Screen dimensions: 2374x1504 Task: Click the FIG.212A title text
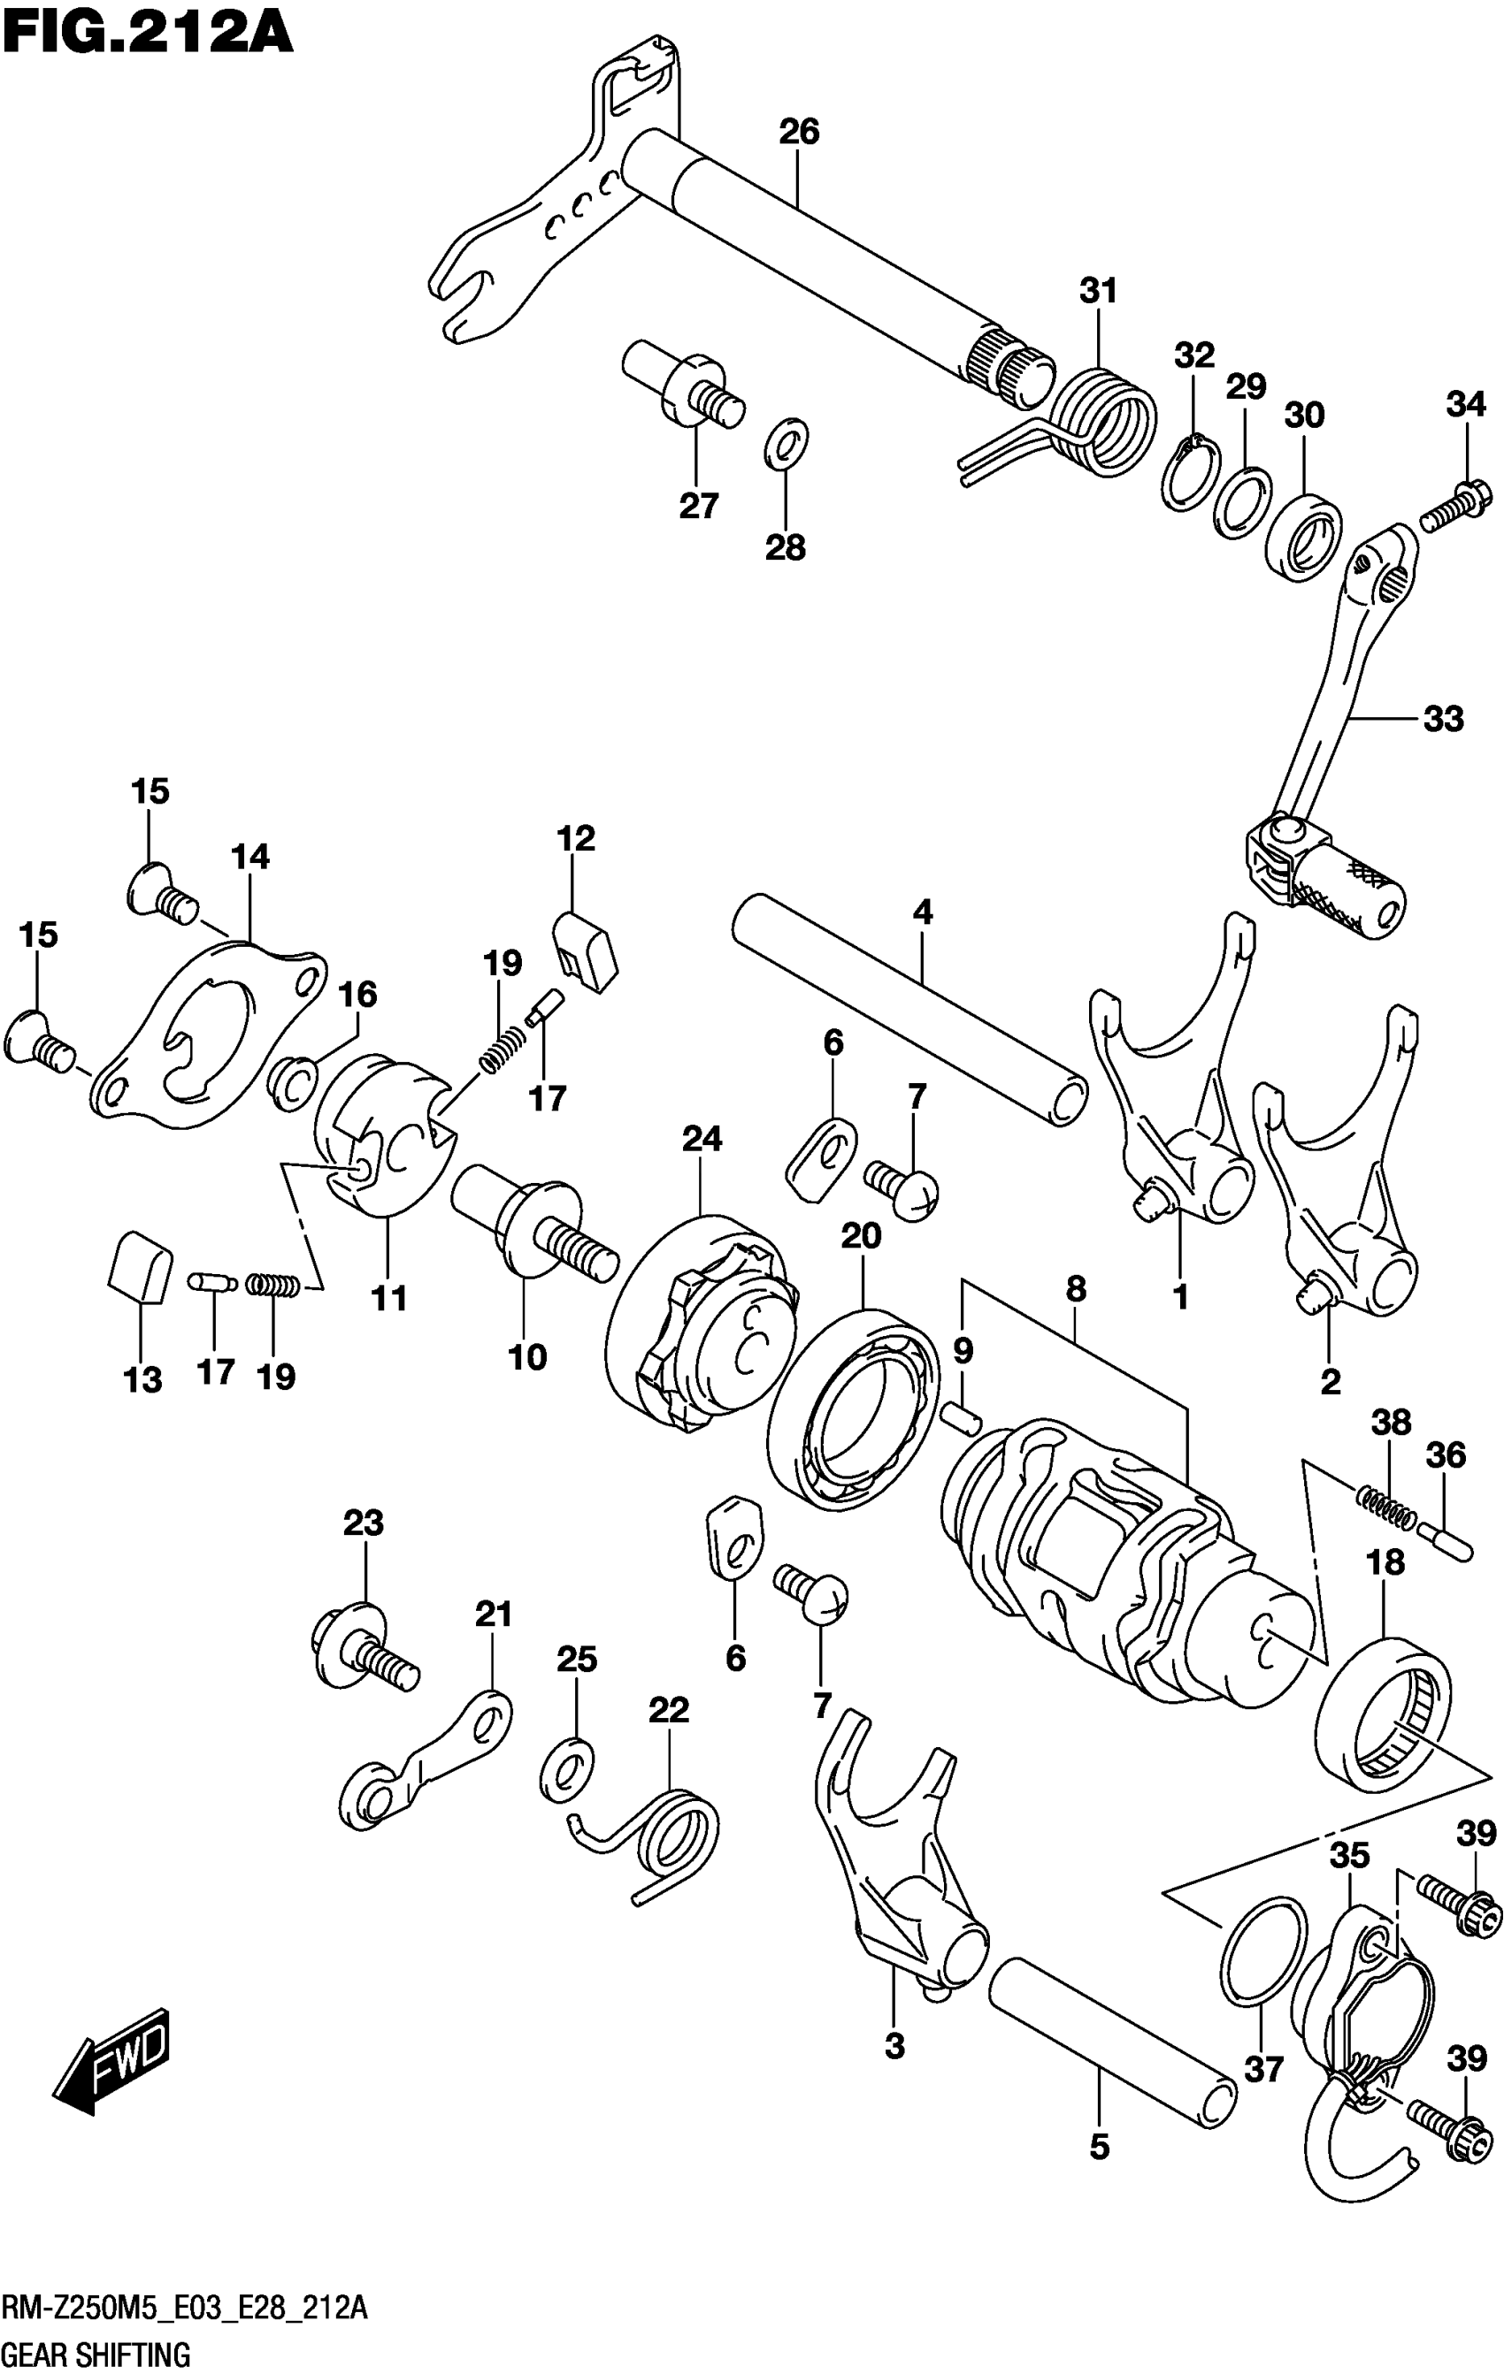(148, 32)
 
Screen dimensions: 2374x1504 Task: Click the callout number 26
(799, 131)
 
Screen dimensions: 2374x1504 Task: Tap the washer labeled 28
(786, 444)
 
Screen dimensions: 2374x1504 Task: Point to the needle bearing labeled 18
(1384, 1714)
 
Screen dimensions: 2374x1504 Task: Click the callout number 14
(250, 857)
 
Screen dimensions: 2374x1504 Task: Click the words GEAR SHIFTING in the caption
(96, 2355)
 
